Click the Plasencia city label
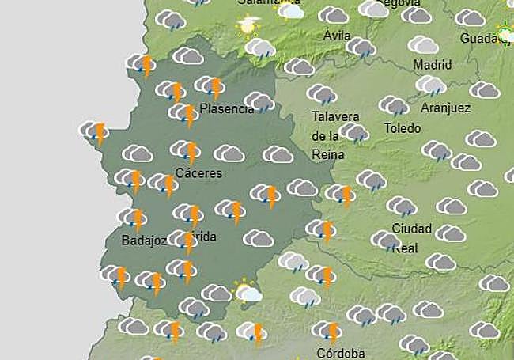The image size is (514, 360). click(x=227, y=109)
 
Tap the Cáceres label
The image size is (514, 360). click(x=198, y=173)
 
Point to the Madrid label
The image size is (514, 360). click(x=432, y=64)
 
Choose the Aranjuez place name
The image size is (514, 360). click(x=446, y=108)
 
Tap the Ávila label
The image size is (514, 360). click(x=337, y=36)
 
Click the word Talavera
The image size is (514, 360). click(x=335, y=116)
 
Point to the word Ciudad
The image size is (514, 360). click(x=412, y=229)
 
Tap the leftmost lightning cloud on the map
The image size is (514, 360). click(x=94, y=131)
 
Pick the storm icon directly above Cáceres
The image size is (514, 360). click(x=187, y=150)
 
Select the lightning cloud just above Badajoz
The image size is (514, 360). click(x=134, y=218)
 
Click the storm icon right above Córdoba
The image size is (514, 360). click(x=327, y=331)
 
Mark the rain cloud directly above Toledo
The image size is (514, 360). click(x=393, y=105)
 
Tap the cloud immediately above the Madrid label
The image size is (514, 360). click(x=423, y=44)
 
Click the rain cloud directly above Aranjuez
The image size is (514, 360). click(x=431, y=85)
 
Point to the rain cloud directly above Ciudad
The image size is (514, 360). click(x=402, y=207)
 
